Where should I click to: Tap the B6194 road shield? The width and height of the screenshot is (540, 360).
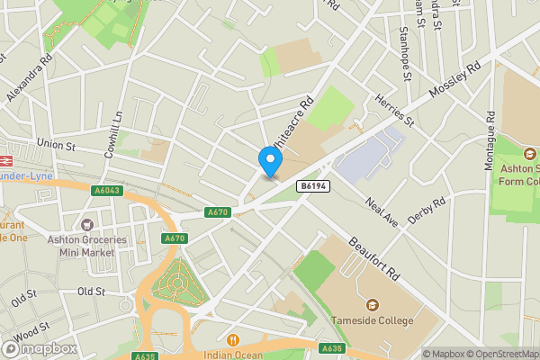coord(310,185)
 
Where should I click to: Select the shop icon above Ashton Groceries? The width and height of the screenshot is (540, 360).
coord(87,224)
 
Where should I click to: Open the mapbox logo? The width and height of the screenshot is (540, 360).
coord(39,348)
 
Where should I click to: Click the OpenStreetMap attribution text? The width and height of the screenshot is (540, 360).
coord(504,354)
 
